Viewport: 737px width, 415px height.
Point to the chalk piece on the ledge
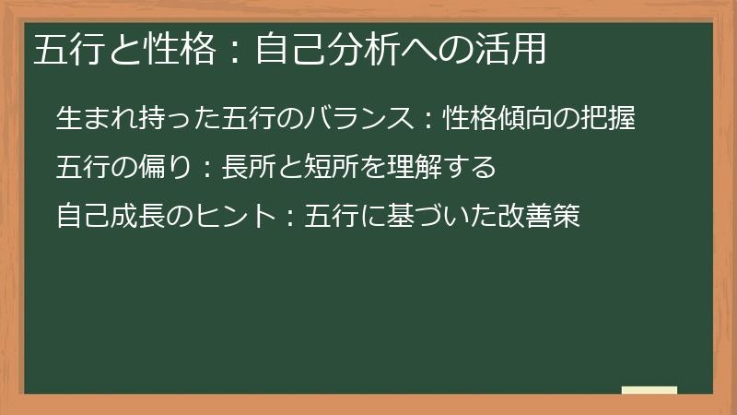pos(649,391)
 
